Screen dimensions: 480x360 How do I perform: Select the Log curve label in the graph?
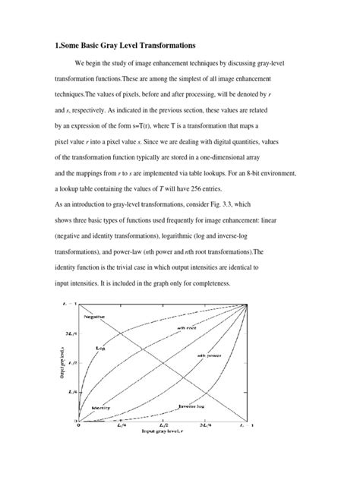click(x=100, y=348)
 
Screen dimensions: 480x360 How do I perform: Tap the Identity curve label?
click(x=102, y=407)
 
